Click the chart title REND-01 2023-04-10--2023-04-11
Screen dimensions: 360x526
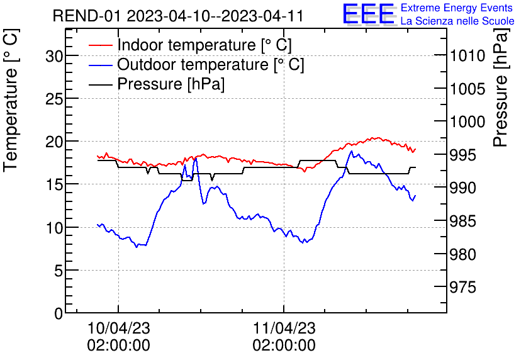pos(178,16)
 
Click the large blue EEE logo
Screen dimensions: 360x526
pos(368,14)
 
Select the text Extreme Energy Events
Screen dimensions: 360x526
pos(457,8)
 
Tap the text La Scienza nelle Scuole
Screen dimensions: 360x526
pos(457,21)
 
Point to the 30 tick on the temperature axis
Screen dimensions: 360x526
pos(55,56)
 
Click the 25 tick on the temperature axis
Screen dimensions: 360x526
pos(55,99)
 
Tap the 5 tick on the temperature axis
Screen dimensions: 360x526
pos(59,271)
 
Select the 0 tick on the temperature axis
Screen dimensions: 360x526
pos(59,313)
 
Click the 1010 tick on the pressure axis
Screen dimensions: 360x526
pos(467,56)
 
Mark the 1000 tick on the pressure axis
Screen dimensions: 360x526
pos(467,122)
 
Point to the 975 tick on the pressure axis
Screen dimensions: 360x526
pos(464,288)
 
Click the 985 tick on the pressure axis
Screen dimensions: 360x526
pos(464,222)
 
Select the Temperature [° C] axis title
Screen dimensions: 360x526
pos(11,120)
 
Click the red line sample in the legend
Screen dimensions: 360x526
pos(100,46)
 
